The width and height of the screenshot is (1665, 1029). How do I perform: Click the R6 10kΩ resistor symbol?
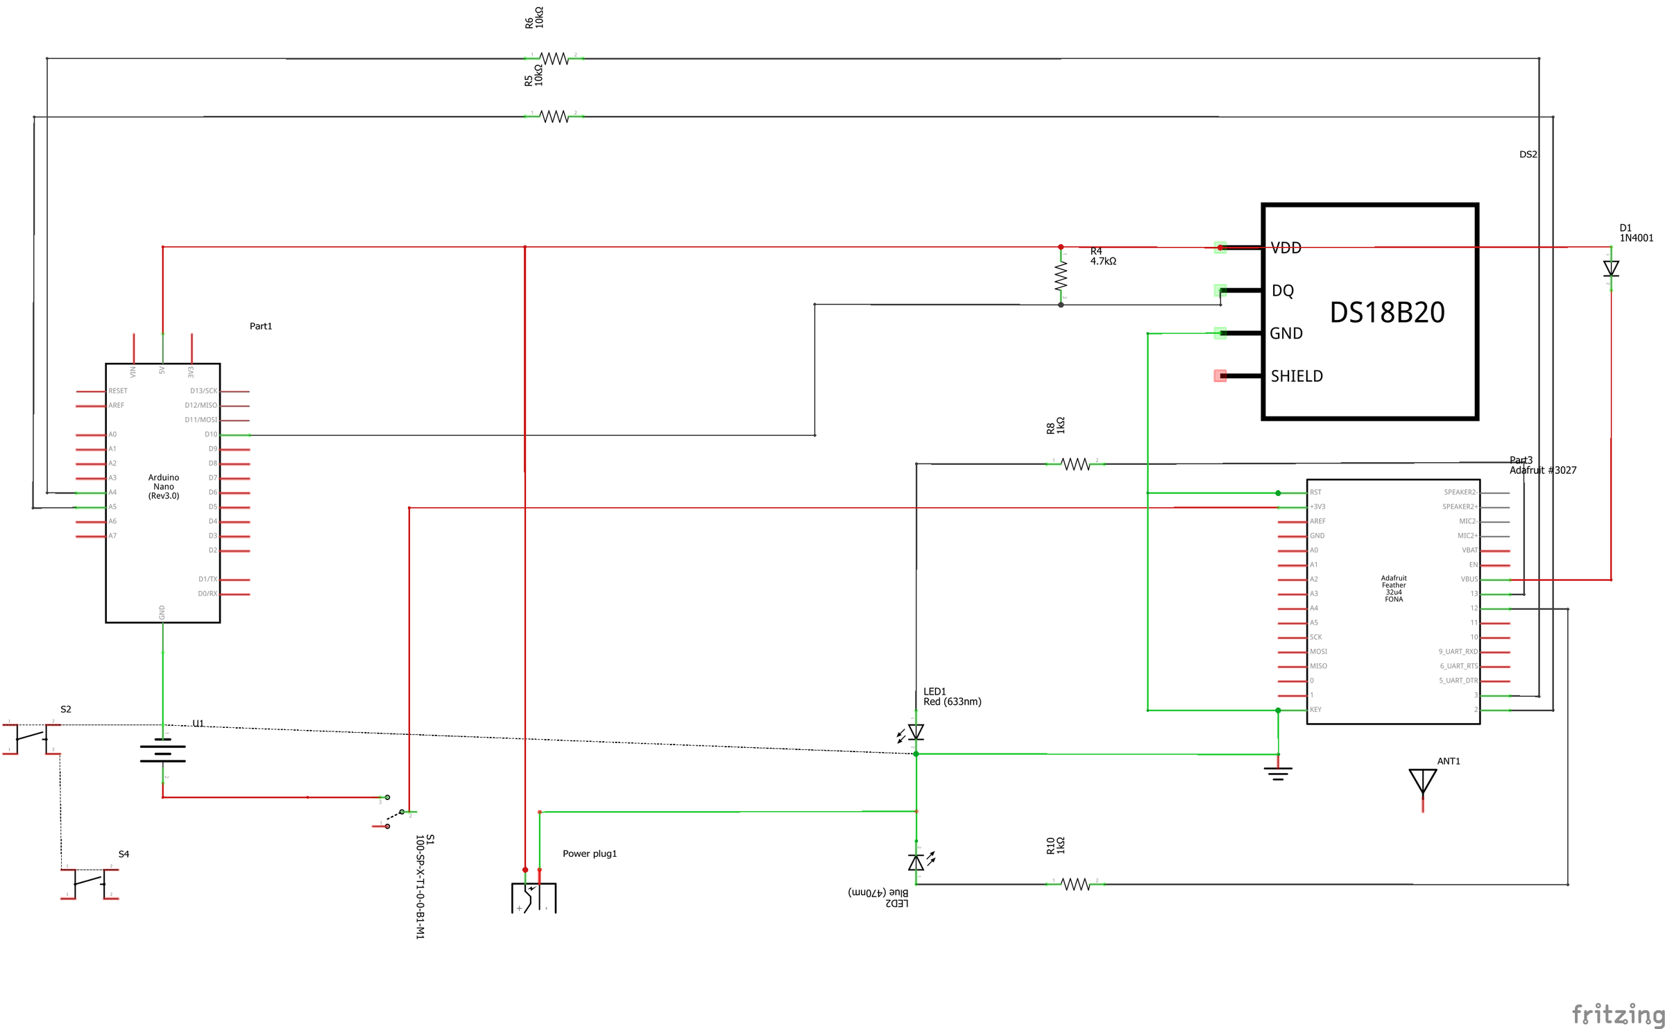pyautogui.click(x=554, y=58)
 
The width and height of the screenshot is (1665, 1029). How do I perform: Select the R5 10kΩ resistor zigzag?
pyautogui.click(x=554, y=117)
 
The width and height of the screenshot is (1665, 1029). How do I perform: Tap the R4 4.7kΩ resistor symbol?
pyautogui.click(x=1060, y=276)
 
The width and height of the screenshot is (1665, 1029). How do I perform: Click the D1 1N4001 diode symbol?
pyautogui.click(x=1610, y=268)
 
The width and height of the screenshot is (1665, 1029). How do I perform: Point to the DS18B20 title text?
pyautogui.click(x=1386, y=312)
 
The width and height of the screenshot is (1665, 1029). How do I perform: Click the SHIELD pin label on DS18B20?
pyautogui.click(x=1296, y=376)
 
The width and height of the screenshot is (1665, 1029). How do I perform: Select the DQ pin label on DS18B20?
pyautogui.click(x=1282, y=291)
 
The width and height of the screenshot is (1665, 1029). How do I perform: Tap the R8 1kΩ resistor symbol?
pyautogui.click(x=1075, y=464)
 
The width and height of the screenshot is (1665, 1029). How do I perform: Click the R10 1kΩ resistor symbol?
pyautogui.click(x=1075, y=884)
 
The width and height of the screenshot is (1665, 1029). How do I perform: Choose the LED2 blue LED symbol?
pyautogui.click(x=916, y=862)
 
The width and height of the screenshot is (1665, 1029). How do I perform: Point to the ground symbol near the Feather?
pyautogui.click(x=1277, y=772)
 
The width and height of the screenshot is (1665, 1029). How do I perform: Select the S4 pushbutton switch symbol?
pyautogui.click(x=89, y=883)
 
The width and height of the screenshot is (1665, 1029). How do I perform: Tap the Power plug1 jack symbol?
pyautogui.click(x=533, y=896)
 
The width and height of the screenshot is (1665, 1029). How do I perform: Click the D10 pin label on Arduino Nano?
pyautogui.click(x=210, y=434)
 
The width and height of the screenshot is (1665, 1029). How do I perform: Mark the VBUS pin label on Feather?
pyautogui.click(x=1469, y=579)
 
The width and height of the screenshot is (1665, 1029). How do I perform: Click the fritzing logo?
pyautogui.click(x=1616, y=1014)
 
